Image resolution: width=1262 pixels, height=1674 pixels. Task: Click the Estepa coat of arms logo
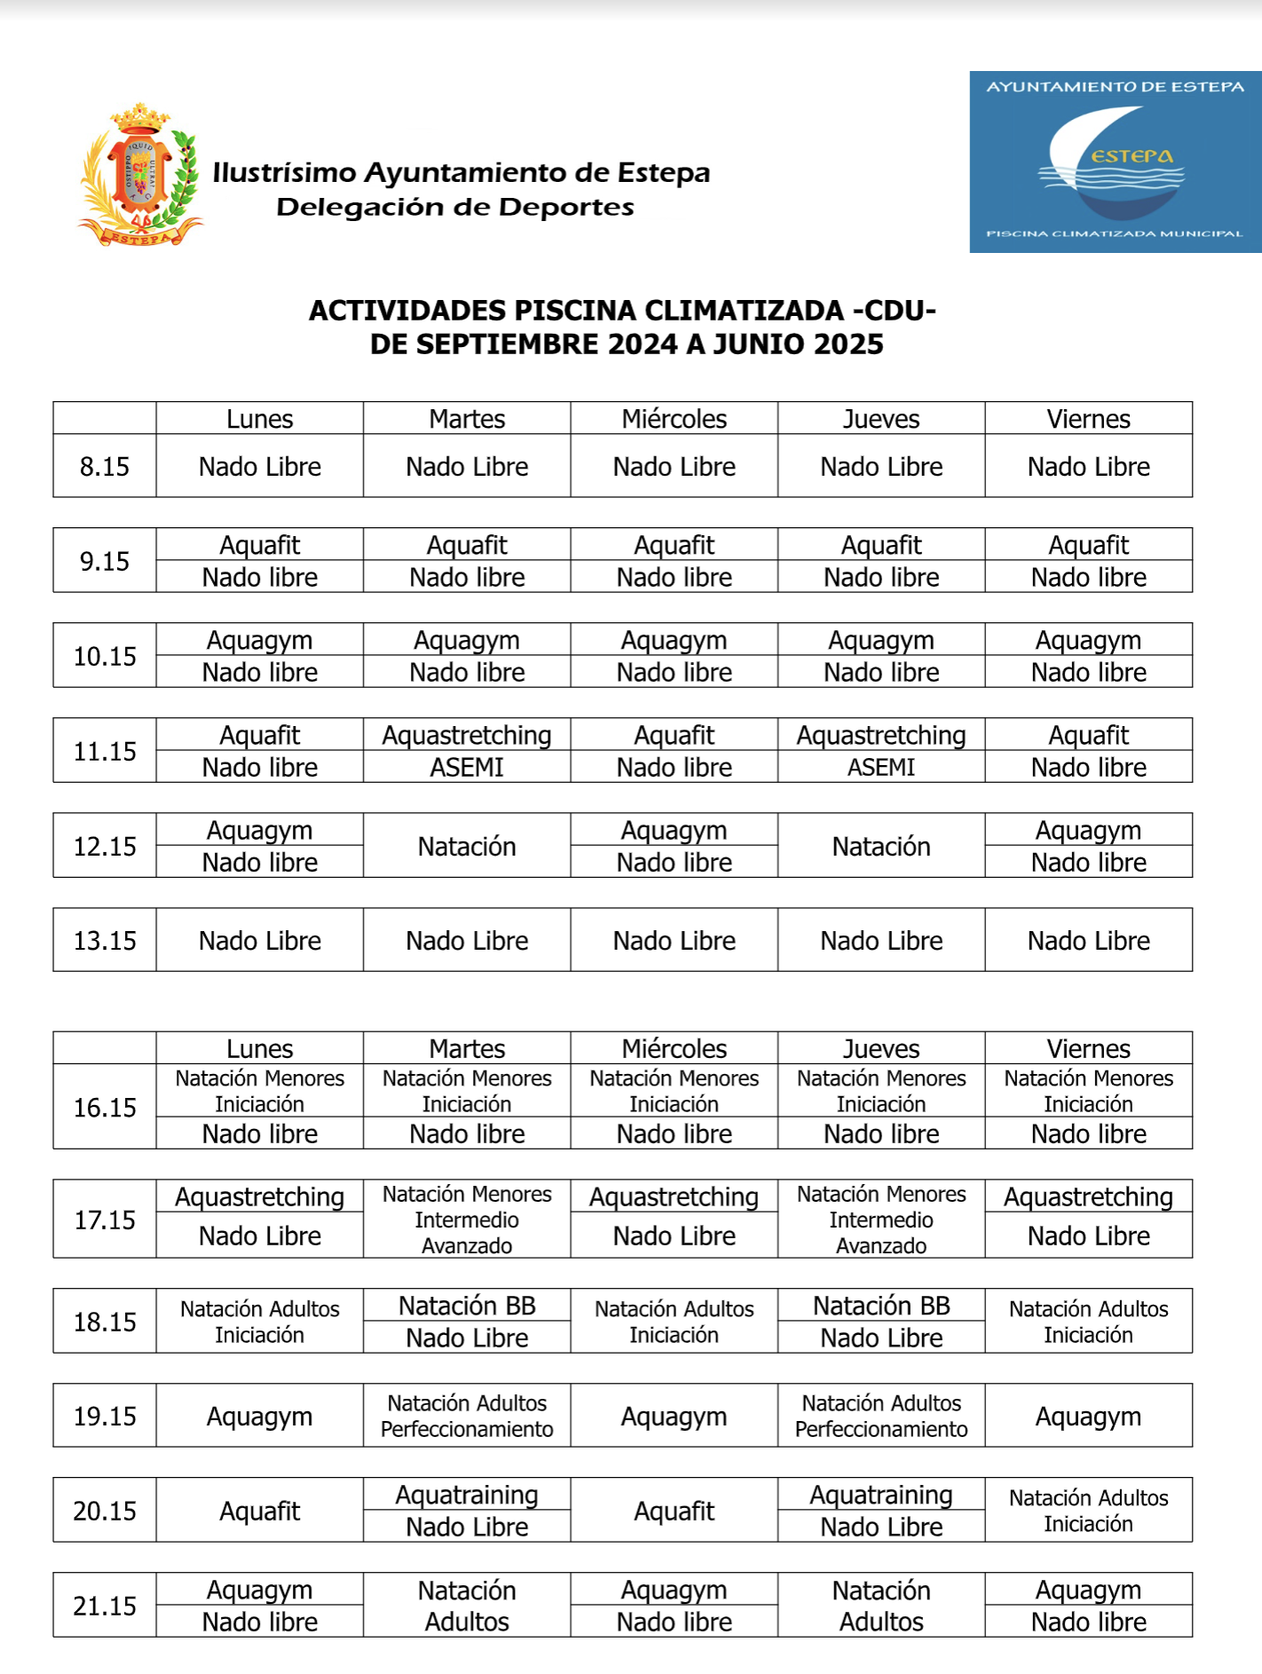140,175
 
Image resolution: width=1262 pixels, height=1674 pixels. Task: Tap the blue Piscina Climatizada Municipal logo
1115,162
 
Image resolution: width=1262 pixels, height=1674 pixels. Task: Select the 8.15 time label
105,467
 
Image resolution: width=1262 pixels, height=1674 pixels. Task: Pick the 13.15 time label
105,941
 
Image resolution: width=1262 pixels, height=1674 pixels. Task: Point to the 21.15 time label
105,1606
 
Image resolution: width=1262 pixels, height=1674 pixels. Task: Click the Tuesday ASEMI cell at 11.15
467,767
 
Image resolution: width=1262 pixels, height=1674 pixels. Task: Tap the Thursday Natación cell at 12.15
881,847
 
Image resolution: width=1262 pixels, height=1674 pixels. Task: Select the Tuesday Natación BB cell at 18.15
467,1306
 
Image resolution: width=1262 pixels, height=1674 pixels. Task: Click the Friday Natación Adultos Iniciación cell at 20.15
1088,1511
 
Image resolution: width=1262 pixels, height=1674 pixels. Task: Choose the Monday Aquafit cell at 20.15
260,1511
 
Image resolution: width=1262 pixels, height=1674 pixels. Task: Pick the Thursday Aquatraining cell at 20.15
881,1495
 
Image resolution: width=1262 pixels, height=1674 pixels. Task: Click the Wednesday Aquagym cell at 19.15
674,1417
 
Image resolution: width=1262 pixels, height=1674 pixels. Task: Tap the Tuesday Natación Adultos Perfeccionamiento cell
467,1417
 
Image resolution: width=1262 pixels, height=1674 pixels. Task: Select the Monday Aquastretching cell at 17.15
260,1197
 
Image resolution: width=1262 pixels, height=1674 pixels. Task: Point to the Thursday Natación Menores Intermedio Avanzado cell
881,1220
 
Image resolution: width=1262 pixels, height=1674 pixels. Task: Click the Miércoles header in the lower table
674,1049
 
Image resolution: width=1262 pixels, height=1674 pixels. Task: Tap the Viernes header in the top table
1088,419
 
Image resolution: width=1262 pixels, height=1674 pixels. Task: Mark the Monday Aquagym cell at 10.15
260,641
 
